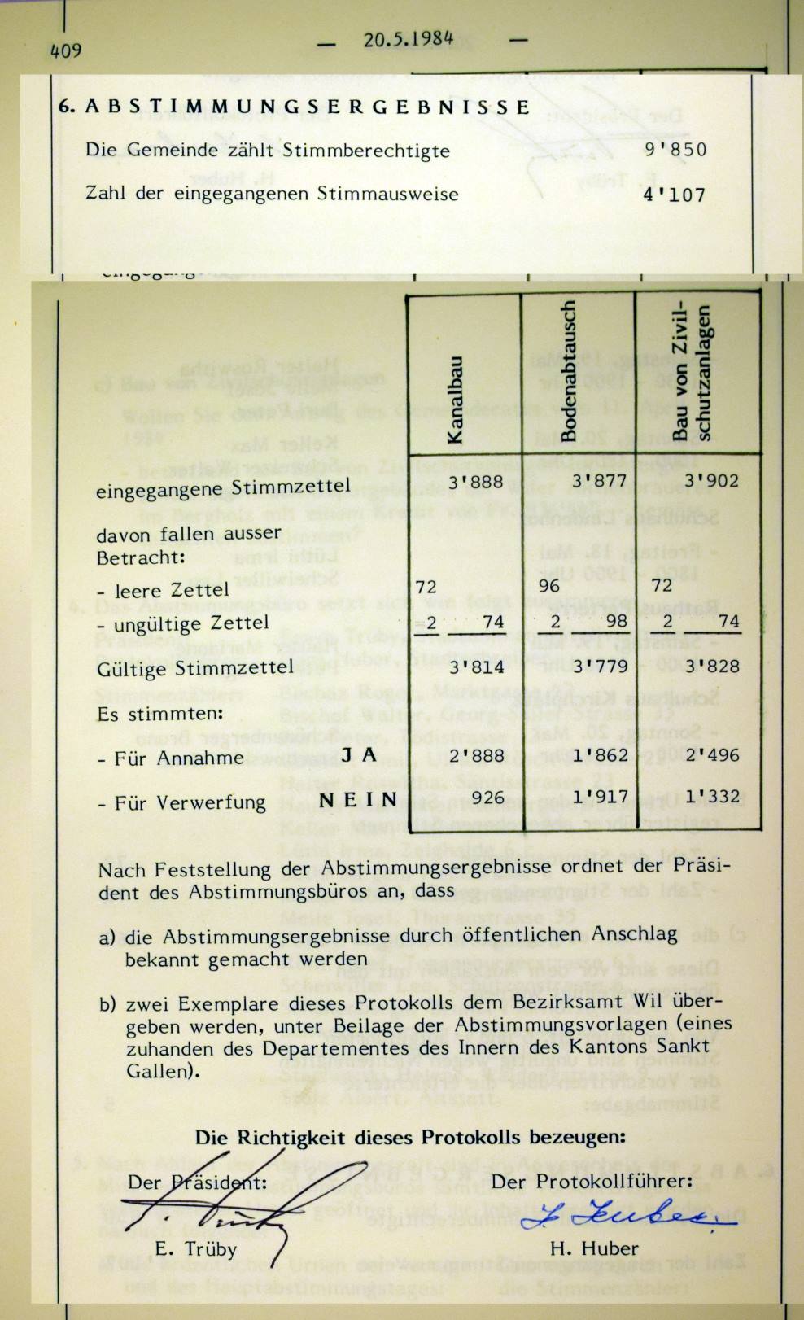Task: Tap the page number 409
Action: (x=65, y=50)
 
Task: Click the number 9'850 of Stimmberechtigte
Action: (x=675, y=151)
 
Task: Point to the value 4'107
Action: (x=675, y=195)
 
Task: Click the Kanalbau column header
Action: (x=456, y=400)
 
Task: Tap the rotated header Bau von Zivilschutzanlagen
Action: (x=693, y=374)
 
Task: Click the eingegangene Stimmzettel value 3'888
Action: (x=475, y=482)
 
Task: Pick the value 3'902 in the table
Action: (x=711, y=480)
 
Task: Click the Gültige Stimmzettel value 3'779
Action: (x=601, y=667)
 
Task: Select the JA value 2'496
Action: (x=711, y=754)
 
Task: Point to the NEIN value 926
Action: (x=487, y=797)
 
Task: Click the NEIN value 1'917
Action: (x=601, y=797)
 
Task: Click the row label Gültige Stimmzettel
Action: (x=194, y=668)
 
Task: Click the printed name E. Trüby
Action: (x=195, y=1249)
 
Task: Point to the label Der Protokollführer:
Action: (x=593, y=1181)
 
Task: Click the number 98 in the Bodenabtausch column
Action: (x=617, y=622)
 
